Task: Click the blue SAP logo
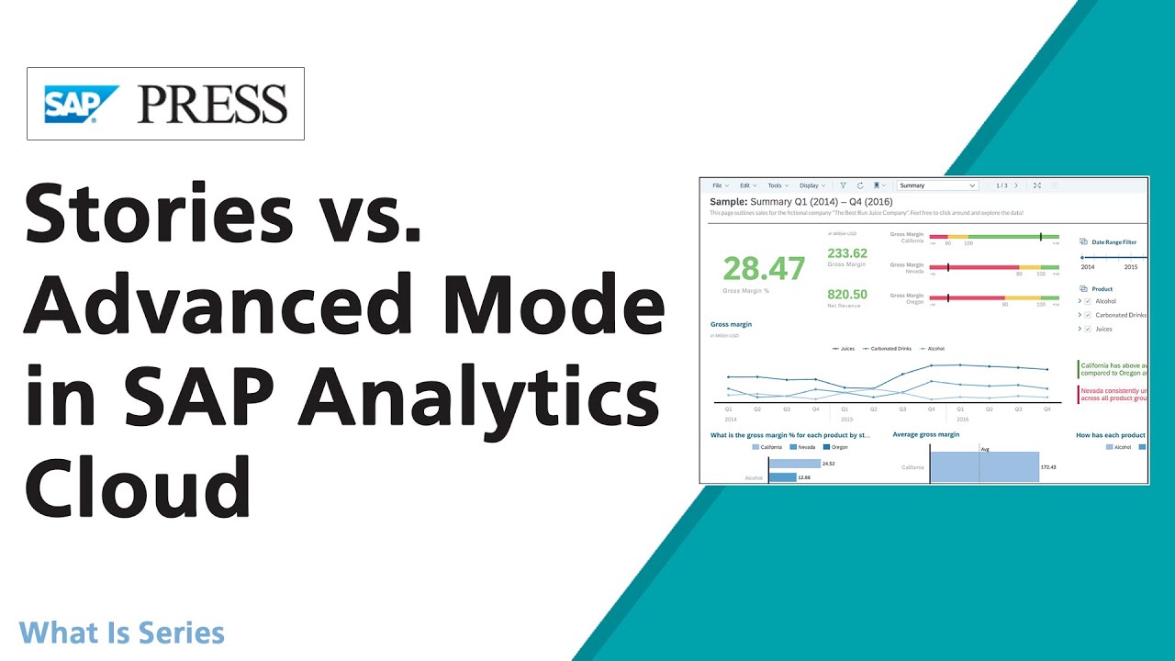tap(82, 104)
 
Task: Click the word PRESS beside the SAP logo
tap(212, 104)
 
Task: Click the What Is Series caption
tap(121, 633)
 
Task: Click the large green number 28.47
tap(764, 268)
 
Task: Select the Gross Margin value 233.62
tap(847, 253)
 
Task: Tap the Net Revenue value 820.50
tap(847, 295)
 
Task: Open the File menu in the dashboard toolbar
tap(719, 185)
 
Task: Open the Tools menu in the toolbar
tap(777, 185)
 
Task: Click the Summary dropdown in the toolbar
tap(937, 185)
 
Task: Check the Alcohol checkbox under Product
tap(1088, 301)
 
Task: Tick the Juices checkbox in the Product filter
tap(1088, 329)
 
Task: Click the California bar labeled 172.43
tap(984, 467)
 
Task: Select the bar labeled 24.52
tap(794, 465)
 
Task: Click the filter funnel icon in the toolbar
tap(844, 185)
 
